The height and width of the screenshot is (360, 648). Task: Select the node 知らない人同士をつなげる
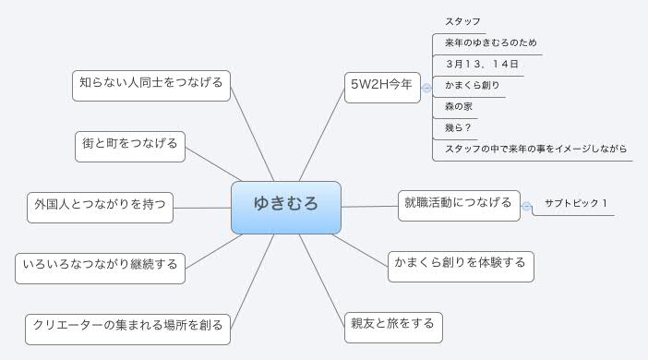150,84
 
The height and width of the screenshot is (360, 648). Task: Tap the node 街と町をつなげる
130,144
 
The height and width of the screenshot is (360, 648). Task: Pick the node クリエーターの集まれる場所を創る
127,325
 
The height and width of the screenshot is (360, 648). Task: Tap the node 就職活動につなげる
458,204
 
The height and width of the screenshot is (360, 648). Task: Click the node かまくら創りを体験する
459,264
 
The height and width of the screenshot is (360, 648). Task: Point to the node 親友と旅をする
390,325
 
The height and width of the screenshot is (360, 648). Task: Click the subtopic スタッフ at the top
462,21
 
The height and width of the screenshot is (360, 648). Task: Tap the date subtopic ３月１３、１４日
481,64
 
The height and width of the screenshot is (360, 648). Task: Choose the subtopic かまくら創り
473,85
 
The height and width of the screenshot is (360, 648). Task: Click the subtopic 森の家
459,106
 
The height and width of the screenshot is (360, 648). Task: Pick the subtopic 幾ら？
459,127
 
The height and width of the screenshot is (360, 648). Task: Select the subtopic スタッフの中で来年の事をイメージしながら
535,149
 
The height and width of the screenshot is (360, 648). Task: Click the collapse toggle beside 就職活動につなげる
527,206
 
